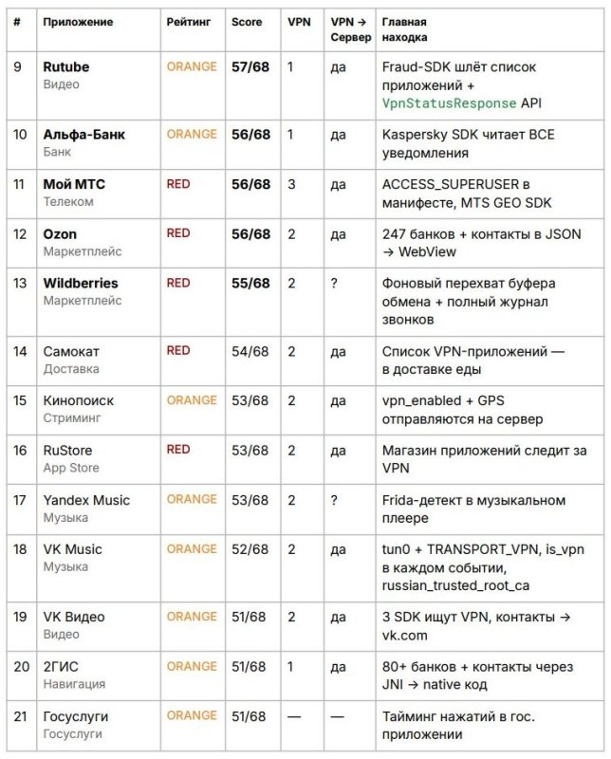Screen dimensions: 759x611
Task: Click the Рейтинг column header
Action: point(189,21)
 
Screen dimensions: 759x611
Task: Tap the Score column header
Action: point(247,21)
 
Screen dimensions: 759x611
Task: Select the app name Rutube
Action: point(67,67)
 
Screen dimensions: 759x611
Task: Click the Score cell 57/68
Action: point(250,67)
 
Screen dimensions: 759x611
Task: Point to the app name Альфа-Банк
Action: point(83,135)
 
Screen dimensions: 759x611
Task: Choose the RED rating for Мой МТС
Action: point(178,184)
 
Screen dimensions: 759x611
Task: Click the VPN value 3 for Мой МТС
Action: point(291,184)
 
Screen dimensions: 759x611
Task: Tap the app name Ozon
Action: point(60,233)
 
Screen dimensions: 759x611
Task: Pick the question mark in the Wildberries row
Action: point(334,283)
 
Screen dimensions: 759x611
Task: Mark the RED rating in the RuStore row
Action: point(178,450)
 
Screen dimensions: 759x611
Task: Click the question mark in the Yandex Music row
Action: point(334,499)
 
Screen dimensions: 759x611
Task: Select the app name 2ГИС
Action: point(61,666)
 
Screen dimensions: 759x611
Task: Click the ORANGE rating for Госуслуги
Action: point(192,715)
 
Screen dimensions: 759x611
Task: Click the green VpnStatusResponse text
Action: point(450,103)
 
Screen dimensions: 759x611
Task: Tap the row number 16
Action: point(19,450)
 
